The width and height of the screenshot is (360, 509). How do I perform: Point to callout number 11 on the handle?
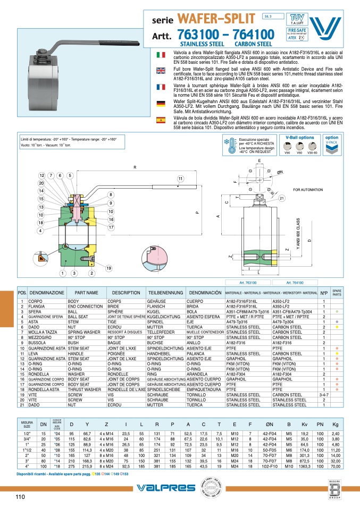pyautogui.click(x=180, y=178)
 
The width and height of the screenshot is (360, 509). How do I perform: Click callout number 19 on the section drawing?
pyautogui.click(x=108, y=269)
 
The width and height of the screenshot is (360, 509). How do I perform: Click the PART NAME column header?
pyautogui.click(x=86, y=293)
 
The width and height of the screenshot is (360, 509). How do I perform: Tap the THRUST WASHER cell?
pyautogui.click(x=85, y=389)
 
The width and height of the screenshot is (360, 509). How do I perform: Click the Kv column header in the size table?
pyautogui.click(x=304, y=423)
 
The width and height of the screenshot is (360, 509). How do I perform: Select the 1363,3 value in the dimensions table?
pyautogui.click(x=304, y=466)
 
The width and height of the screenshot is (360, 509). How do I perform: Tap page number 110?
pyautogui.click(x=20, y=497)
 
